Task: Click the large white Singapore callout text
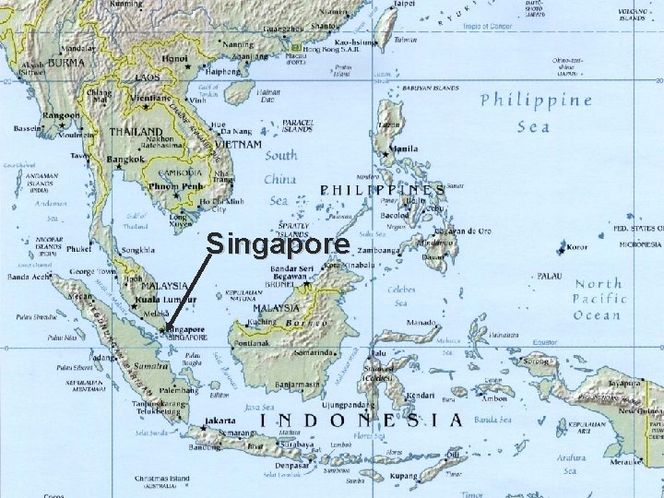tap(278, 244)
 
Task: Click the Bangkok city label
tap(127, 160)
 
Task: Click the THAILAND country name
tap(136, 132)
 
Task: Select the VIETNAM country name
tap(237, 145)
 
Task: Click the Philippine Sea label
tap(535, 112)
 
